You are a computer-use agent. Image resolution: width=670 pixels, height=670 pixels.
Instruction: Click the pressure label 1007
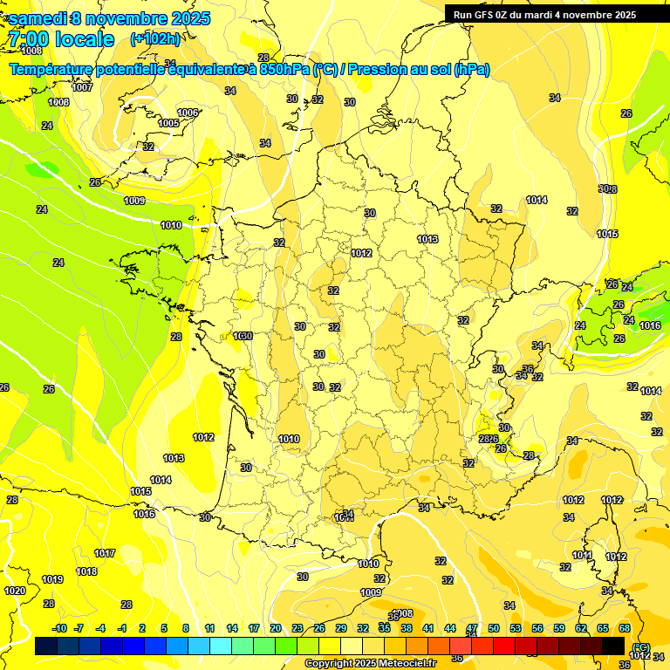pos(82,87)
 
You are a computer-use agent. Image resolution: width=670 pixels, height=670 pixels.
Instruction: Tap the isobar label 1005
pos(168,123)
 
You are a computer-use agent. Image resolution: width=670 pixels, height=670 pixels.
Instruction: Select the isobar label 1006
pos(188,113)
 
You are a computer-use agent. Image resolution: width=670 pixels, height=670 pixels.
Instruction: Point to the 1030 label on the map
pos(243,336)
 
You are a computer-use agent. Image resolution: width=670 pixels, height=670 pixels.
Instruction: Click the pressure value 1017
pos(105,553)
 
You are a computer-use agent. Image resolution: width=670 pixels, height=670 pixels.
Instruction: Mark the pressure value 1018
pos(86,571)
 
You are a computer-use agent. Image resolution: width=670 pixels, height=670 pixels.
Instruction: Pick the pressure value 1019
pos(52,579)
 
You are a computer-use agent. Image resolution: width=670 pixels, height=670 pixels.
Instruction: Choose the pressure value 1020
pos(15,591)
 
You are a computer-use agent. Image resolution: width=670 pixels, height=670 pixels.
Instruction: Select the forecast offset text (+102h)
pos(155,38)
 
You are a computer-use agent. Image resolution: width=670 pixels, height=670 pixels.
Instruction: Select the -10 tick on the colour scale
pos(59,628)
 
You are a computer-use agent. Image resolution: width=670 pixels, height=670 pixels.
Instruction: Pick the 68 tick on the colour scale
pos(625,628)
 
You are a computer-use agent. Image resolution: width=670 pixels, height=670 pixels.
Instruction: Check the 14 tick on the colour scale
pos(232,628)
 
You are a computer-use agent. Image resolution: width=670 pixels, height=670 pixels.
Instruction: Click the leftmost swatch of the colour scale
pos(46,646)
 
